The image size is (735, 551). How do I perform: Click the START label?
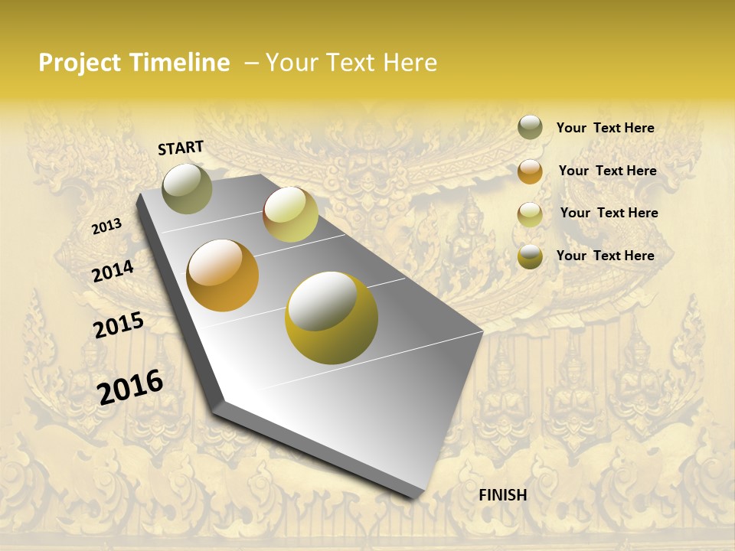coord(181,148)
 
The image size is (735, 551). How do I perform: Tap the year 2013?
coord(106,227)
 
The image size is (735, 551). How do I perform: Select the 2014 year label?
coord(113,271)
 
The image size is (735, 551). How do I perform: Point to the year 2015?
coord(119,325)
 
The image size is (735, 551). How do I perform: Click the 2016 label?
coord(130,386)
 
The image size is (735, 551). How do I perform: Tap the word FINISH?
coord(503,495)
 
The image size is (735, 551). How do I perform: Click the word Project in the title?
coord(80,63)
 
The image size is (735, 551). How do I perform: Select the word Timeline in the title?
coord(179,63)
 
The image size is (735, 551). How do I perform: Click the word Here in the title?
coord(410,63)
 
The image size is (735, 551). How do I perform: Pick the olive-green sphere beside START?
coord(188,189)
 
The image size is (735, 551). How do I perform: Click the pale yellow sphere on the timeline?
coord(290,214)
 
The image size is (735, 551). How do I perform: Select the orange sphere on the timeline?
coord(223,275)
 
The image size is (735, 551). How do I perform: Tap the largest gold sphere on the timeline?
coord(332,318)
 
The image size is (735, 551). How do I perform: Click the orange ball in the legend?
coord(530,171)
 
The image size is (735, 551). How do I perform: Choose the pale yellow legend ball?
coord(530,214)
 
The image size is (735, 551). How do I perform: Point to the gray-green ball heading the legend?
coord(530,127)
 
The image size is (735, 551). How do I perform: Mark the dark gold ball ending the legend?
coord(530,256)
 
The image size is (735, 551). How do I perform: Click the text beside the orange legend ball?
coord(607,171)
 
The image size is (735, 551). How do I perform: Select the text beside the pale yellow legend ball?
coord(609,213)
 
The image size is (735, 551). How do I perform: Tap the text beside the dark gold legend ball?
coord(605,256)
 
